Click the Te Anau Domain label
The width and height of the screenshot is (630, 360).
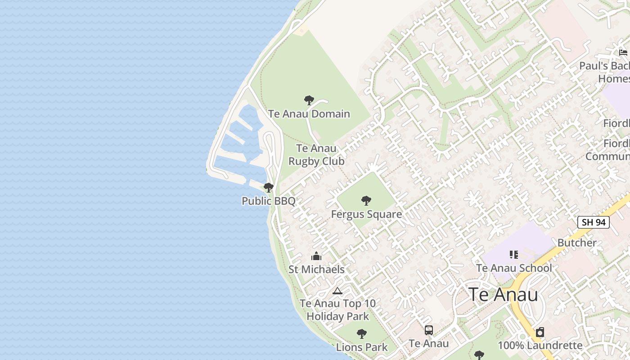coord(309,114)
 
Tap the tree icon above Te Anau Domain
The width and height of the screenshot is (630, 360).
coord(309,100)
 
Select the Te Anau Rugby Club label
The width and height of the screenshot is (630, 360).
coord(316,155)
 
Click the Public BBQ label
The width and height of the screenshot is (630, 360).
coord(269,201)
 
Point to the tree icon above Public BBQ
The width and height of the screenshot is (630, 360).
coord(269,188)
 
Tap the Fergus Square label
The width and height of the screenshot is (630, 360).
coord(366,214)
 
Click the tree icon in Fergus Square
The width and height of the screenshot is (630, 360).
coord(366,201)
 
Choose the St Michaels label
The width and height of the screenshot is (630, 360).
coord(316,270)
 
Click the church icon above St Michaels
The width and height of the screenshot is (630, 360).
coord(316,256)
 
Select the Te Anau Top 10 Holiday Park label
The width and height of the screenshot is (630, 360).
coord(337,310)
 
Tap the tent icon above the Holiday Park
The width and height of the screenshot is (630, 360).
coord(337,291)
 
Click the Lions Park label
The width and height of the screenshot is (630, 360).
coord(362,347)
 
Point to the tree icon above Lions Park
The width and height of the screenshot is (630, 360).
coord(361,334)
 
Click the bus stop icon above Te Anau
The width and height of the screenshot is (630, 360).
coord(429,330)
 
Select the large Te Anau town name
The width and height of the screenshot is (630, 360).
coord(503,295)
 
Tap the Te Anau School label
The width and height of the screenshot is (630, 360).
coord(514,268)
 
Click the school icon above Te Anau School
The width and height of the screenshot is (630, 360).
coord(514,255)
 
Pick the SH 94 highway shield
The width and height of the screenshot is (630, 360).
coord(593,222)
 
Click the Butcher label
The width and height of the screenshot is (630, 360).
coord(577,243)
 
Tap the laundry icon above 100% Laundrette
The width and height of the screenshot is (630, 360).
coord(540,333)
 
